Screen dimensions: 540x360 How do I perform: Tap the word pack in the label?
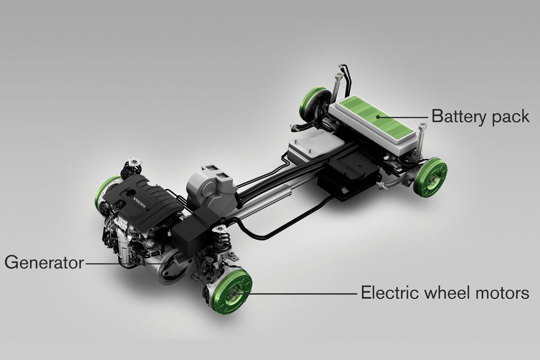tap(511, 116)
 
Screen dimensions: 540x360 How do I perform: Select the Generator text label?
tap(44, 262)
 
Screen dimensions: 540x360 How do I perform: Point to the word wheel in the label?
tap(447, 293)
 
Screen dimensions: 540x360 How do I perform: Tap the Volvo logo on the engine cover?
tap(140, 203)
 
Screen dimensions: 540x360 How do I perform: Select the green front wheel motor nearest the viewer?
tap(233, 291)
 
